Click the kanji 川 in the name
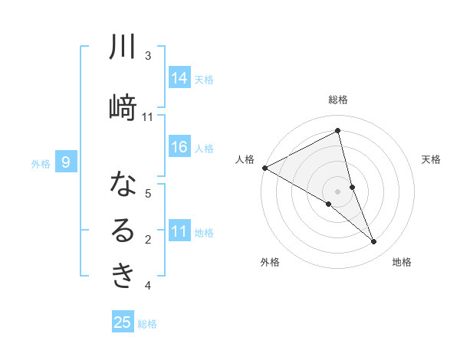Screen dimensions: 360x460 [123, 47]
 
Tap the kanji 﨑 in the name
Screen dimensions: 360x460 [123, 108]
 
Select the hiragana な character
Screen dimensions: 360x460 [123, 185]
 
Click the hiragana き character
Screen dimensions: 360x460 [123, 277]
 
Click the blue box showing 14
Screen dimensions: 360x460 [179, 78]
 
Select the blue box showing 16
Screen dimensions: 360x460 [179, 148]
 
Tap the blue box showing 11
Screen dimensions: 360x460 [179, 232]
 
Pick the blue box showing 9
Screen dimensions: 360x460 [67, 162]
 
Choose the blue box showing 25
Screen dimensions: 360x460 [123, 322]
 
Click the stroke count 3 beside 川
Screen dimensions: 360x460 [148, 56]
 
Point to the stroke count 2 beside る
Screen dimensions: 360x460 [148, 240]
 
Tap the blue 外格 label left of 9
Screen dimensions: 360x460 [41, 163]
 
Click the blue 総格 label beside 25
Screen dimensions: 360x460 [147, 324]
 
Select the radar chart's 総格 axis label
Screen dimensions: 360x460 [337, 100]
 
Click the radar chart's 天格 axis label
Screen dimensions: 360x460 [432, 159]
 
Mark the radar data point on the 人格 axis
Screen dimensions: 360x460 [264, 167]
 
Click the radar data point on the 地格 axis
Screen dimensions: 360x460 [374, 241]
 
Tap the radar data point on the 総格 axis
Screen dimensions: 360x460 [337, 131]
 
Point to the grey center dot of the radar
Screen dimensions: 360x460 [337, 190]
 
